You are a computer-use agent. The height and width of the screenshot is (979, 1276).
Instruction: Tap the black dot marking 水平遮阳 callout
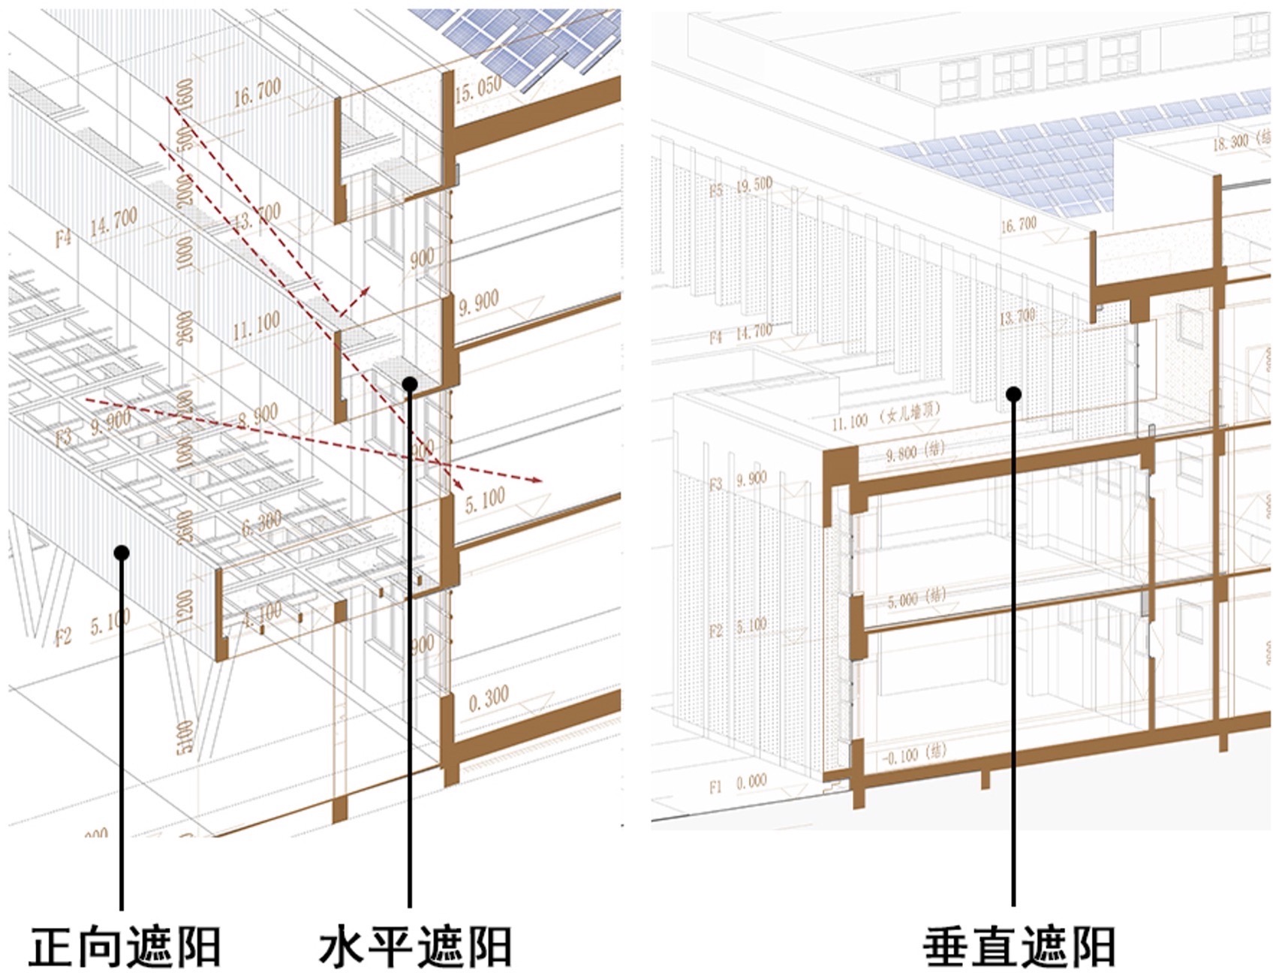(x=410, y=384)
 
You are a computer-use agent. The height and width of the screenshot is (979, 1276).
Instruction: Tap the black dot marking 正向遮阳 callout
(x=122, y=553)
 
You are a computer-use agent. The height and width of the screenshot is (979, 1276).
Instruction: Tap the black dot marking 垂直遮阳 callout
(x=1014, y=393)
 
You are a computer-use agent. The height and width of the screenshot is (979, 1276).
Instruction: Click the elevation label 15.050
(x=477, y=89)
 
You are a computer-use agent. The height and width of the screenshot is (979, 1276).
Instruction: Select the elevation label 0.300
(x=489, y=700)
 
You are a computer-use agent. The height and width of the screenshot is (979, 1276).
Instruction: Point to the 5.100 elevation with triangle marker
(x=485, y=500)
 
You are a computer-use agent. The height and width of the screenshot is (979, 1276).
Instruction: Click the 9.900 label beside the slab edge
(x=478, y=303)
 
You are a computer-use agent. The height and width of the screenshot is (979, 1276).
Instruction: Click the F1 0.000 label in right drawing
(x=738, y=785)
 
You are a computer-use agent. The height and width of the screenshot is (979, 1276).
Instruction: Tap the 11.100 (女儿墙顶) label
(x=886, y=417)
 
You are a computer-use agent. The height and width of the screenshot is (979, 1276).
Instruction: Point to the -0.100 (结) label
(x=912, y=755)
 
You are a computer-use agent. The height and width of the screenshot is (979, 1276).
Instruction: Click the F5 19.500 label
(x=741, y=188)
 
